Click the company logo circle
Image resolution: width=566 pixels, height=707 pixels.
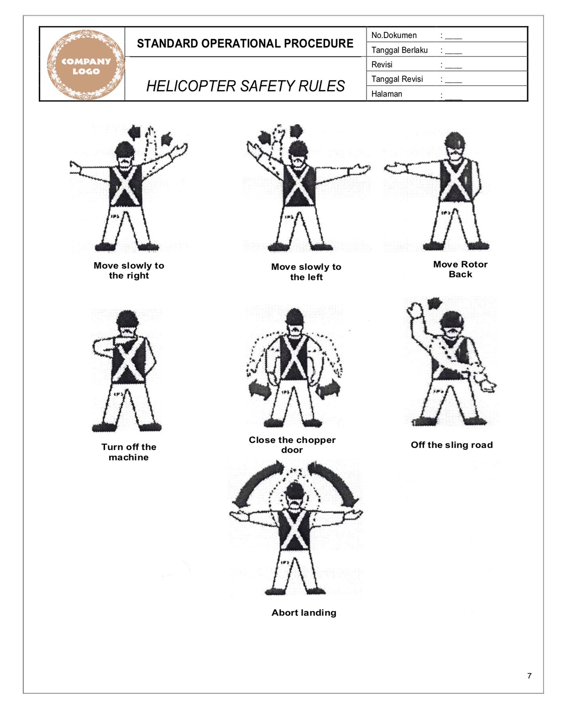coord(86,65)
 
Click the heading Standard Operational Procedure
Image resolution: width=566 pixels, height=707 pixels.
coord(245,44)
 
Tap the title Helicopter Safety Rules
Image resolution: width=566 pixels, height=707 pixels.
coord(245,86)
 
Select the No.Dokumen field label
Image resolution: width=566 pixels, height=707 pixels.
coord(394,35)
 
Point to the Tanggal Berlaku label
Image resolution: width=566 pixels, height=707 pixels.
coord(399,50)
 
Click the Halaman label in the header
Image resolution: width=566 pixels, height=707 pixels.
coord(386,94)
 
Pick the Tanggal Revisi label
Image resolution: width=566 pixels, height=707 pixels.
coord(397,79)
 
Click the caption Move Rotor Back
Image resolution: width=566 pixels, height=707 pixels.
coord(460,269)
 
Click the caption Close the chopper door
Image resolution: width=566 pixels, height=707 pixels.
coord(292,445)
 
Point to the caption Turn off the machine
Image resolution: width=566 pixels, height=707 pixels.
coord(128,452)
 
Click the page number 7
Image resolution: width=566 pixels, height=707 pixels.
coord(529,676)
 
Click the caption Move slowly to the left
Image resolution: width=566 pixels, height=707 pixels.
coord(306,272)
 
